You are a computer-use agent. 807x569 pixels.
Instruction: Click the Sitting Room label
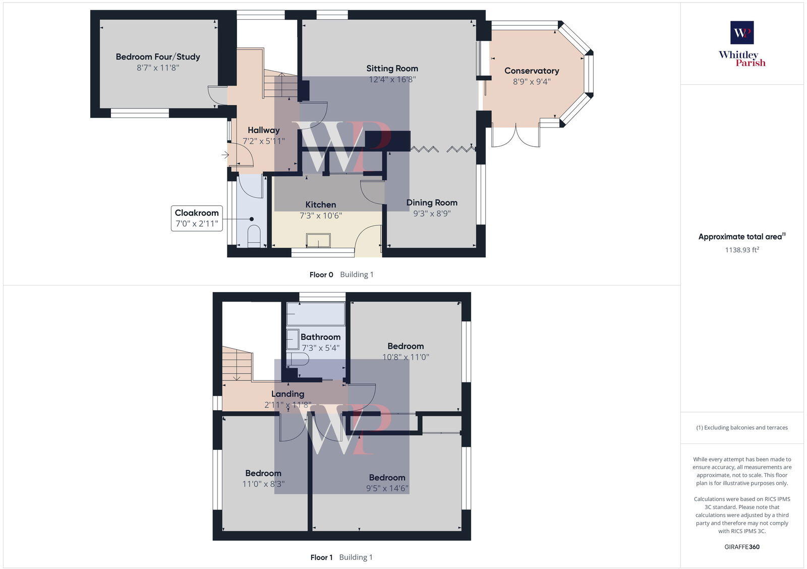click(392, 69)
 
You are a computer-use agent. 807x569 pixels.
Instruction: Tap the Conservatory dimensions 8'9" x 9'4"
click(532, 82)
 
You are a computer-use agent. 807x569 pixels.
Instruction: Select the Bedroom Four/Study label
click(158, 57)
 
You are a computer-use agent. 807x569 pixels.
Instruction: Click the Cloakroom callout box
click(197, 218)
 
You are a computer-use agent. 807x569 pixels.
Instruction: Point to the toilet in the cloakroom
click(254, 236)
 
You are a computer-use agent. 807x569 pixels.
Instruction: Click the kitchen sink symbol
click(318, 240)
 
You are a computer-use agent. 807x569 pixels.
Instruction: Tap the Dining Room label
click(432, 203)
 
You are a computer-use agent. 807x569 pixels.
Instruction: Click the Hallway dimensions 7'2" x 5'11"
click(264, 141)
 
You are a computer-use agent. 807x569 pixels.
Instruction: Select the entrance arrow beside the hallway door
click(225, 155)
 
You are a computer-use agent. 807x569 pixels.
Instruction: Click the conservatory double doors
click(515, 136)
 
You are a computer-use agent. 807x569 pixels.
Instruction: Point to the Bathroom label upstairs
click(320, 337)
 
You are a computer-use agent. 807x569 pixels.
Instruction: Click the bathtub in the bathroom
click(316, 314)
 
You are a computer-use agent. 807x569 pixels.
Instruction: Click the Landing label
click(287, 394)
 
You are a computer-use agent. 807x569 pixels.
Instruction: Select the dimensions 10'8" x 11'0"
click(406, 357)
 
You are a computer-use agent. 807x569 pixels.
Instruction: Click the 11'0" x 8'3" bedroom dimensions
click(263, 484)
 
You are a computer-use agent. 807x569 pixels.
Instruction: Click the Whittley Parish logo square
click(742, 33)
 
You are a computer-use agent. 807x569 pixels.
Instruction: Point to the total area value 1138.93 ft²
click(742, 250)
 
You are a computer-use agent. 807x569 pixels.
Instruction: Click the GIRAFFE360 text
click(742, 547)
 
